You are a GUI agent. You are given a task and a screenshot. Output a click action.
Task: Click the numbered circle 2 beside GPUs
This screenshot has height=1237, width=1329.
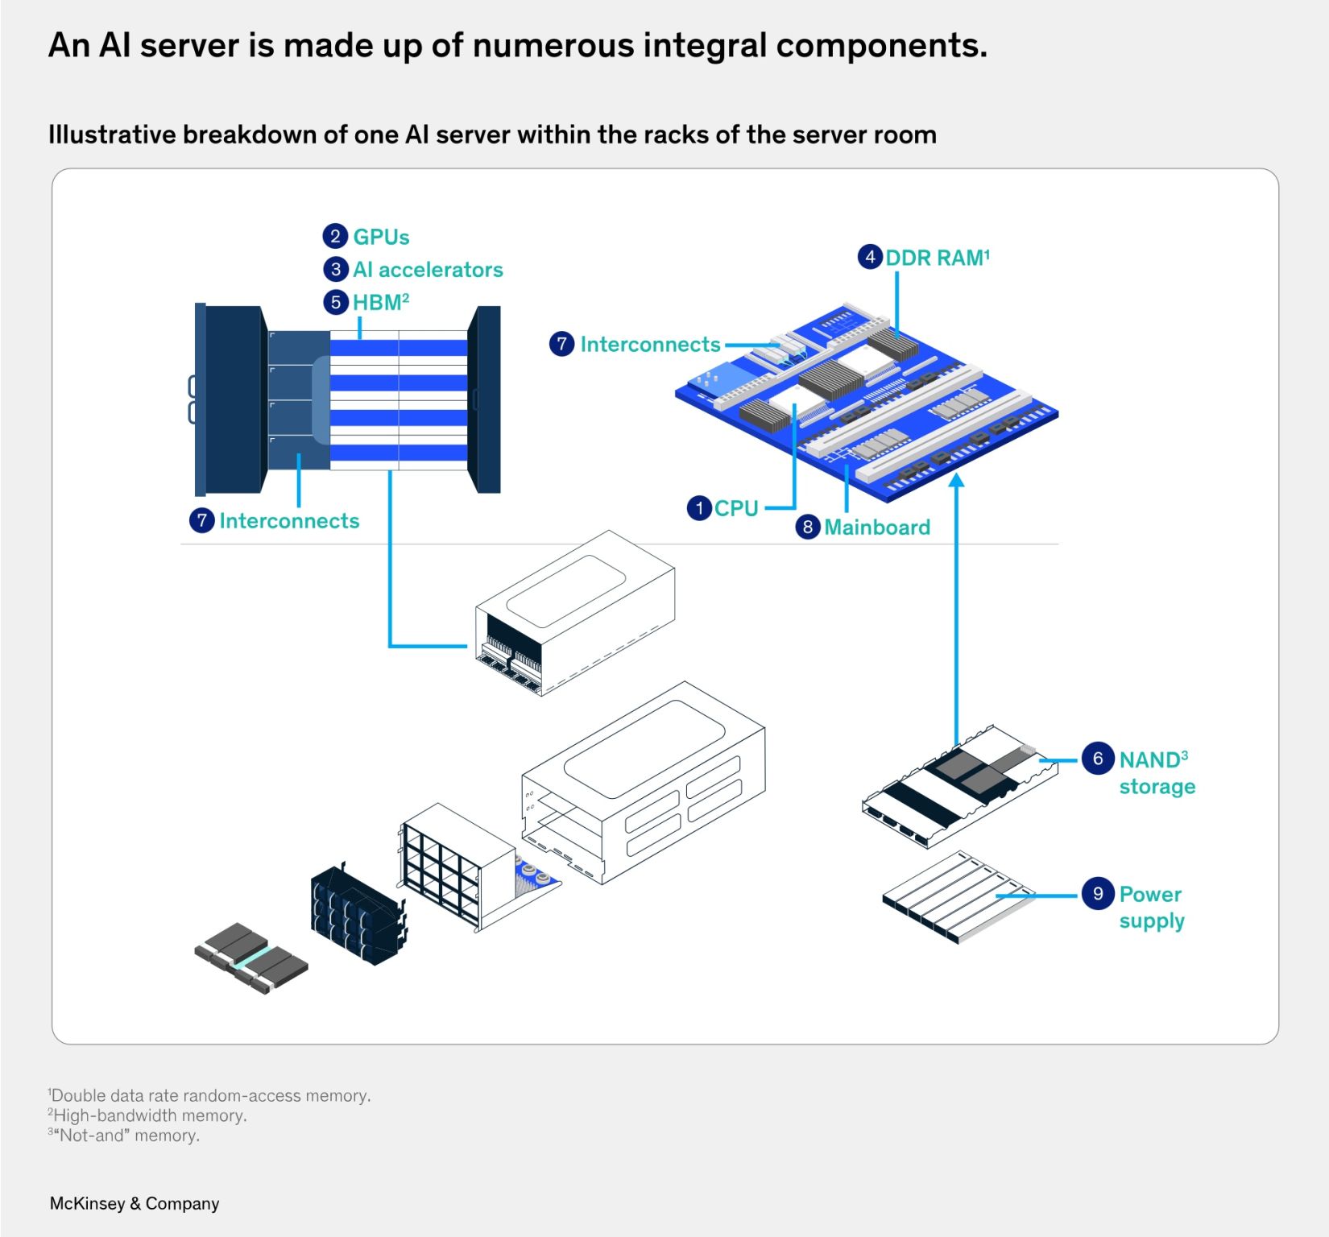click(x=335, y=237)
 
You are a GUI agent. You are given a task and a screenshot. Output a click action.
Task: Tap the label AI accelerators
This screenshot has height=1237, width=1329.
click(x=428, y=270)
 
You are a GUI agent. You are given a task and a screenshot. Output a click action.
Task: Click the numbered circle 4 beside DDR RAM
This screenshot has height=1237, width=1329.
click(x=870, y=258)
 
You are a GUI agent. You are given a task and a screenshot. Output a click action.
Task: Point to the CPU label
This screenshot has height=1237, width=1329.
click(x=736, y=509)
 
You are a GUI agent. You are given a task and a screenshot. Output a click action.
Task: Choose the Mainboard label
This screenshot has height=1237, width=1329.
click(x=877, y=527)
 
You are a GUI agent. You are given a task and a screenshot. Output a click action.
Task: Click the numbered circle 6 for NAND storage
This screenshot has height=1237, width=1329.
click(x=1097, y=759)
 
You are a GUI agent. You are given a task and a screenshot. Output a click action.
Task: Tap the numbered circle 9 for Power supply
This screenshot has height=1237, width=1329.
click(x=1097, y=894)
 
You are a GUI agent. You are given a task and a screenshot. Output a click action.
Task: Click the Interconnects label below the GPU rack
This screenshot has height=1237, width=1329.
click(x=289, y=521)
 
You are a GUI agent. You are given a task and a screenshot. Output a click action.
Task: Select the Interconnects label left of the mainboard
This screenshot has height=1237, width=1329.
click(x=650, y=345)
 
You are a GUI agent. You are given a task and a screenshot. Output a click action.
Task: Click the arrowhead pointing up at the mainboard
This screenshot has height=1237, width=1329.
click(x=956, y=481)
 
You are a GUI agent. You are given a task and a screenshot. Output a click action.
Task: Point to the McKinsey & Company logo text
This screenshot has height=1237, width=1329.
click(x=135, y=1203)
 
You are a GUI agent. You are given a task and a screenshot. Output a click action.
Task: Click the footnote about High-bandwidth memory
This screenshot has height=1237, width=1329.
click(x=148, y=1115)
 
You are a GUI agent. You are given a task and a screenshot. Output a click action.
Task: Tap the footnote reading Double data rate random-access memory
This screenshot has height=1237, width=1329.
click(x=210, y=1095)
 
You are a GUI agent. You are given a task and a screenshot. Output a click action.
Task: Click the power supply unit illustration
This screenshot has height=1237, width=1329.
click(x=958, y=896)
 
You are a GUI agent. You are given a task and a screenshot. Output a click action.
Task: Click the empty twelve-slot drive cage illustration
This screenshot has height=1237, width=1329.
click(x=457, y=867)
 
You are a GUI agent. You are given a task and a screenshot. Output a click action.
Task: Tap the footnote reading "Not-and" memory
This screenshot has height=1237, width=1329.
click(x=125, y=1136)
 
